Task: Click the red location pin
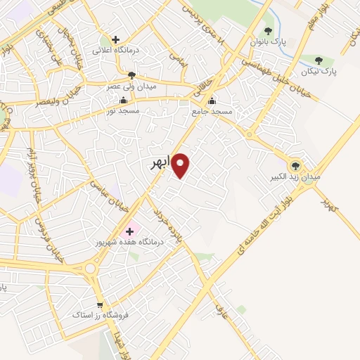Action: coord(181,165)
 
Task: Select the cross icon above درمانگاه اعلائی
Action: coord(116,39)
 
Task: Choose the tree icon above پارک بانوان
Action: coord(268,31)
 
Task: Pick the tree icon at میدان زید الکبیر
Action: coord(296,165)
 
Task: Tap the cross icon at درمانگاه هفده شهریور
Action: coord(129,230)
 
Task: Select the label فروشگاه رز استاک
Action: coord(100,316)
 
